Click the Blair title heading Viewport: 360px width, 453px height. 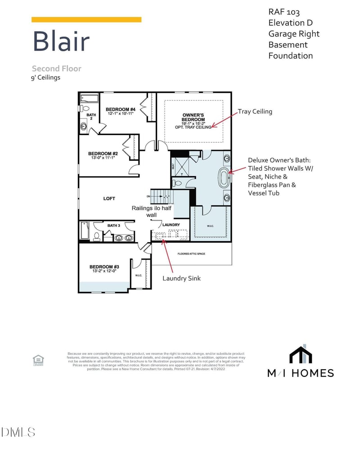tap(61, 41)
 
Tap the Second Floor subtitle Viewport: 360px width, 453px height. tap(56, 68)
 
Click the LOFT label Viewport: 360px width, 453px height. tap(109, 198)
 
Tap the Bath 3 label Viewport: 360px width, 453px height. tap(113, 225)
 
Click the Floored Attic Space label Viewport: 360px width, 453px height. tap(191, 254)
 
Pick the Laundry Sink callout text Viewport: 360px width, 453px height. tap(181, 278)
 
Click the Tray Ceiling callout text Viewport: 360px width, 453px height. tap(255, 111)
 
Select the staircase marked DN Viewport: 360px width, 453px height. tap(161, 196)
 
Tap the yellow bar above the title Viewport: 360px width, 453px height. tap(86, 20)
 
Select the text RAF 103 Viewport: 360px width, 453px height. tap(283, 12)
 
